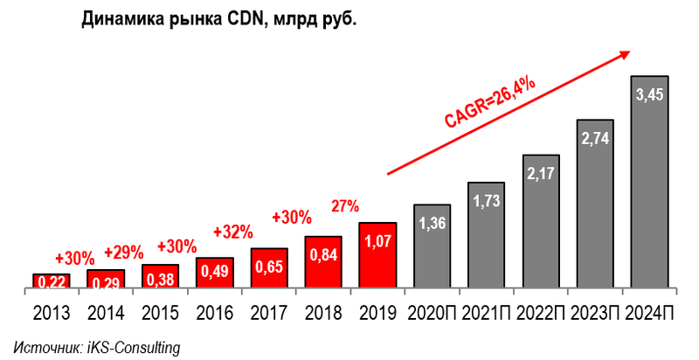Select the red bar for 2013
click(51, 281)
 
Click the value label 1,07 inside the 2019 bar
click(377, 240)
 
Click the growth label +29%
click(123, 253)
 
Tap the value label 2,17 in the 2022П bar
click(541, 174)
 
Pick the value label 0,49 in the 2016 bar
click(215, 272)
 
